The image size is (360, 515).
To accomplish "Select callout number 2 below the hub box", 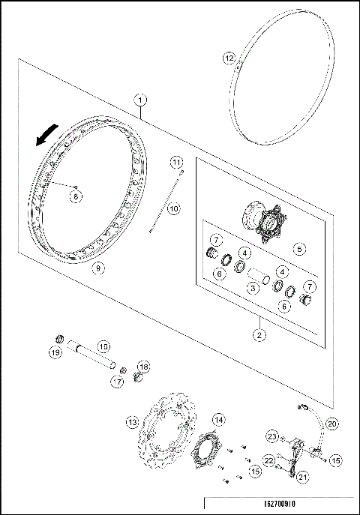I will click(x=257, y=337).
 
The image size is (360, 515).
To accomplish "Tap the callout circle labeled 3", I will click(x=254, y=287).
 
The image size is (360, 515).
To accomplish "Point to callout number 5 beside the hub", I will click(x=298, y=249).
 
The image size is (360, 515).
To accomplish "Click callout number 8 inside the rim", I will click(x=76, y=196).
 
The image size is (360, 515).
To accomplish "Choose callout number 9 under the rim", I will click(x=94, y=265).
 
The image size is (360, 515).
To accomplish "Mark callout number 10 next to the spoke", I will click(x=173, y=209).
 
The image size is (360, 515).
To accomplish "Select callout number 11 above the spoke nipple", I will click(x=175, y=162).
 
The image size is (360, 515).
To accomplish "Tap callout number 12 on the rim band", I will click(x=229, y=57).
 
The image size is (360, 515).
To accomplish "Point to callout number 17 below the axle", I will click(x=118, y=382).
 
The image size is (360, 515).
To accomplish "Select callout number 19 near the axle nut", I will click(x=55, y=352).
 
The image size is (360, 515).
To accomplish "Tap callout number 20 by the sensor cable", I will click(x=332, y=423).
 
